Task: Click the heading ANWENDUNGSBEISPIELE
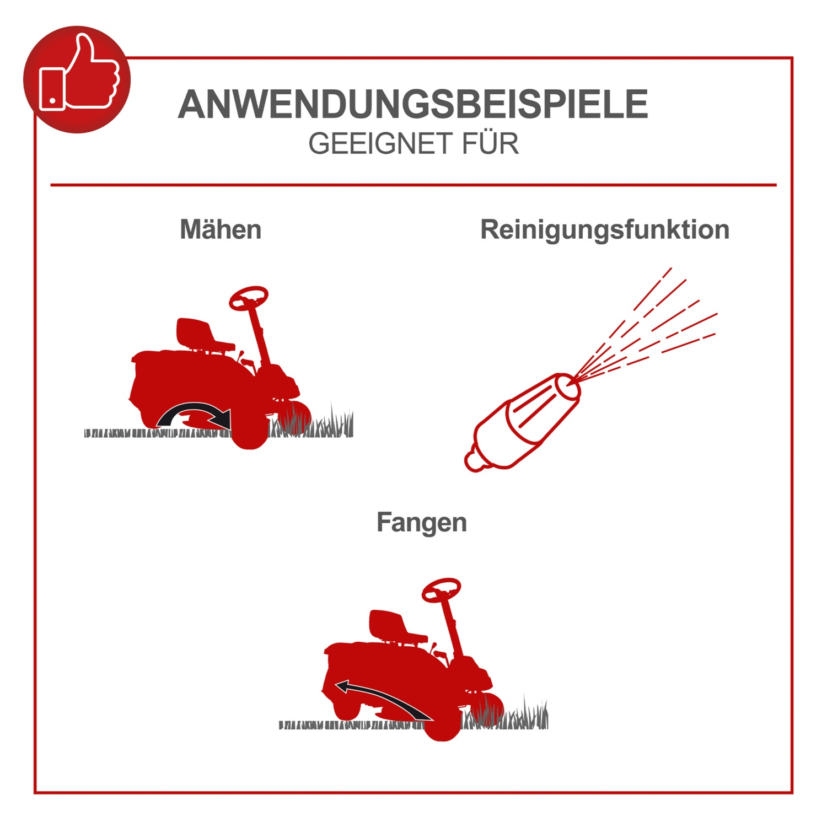[413, 104]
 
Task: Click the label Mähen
[221, 229]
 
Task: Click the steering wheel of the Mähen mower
[249, 298]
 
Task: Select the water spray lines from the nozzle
[645, 325]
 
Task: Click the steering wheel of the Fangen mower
[441, 590]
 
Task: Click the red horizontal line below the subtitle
[413, 185]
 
